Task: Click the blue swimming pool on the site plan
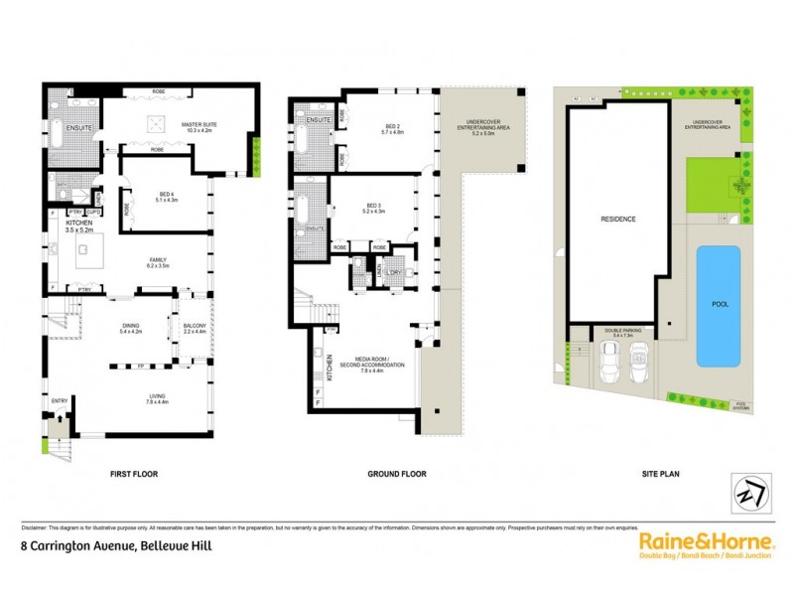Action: (x=718, y=306)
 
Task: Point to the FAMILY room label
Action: (x=159, y=262)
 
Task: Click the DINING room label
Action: (x=130, y=327)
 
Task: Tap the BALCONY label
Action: (x=194, y=327)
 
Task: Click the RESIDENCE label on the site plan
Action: (x=616, y=219)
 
